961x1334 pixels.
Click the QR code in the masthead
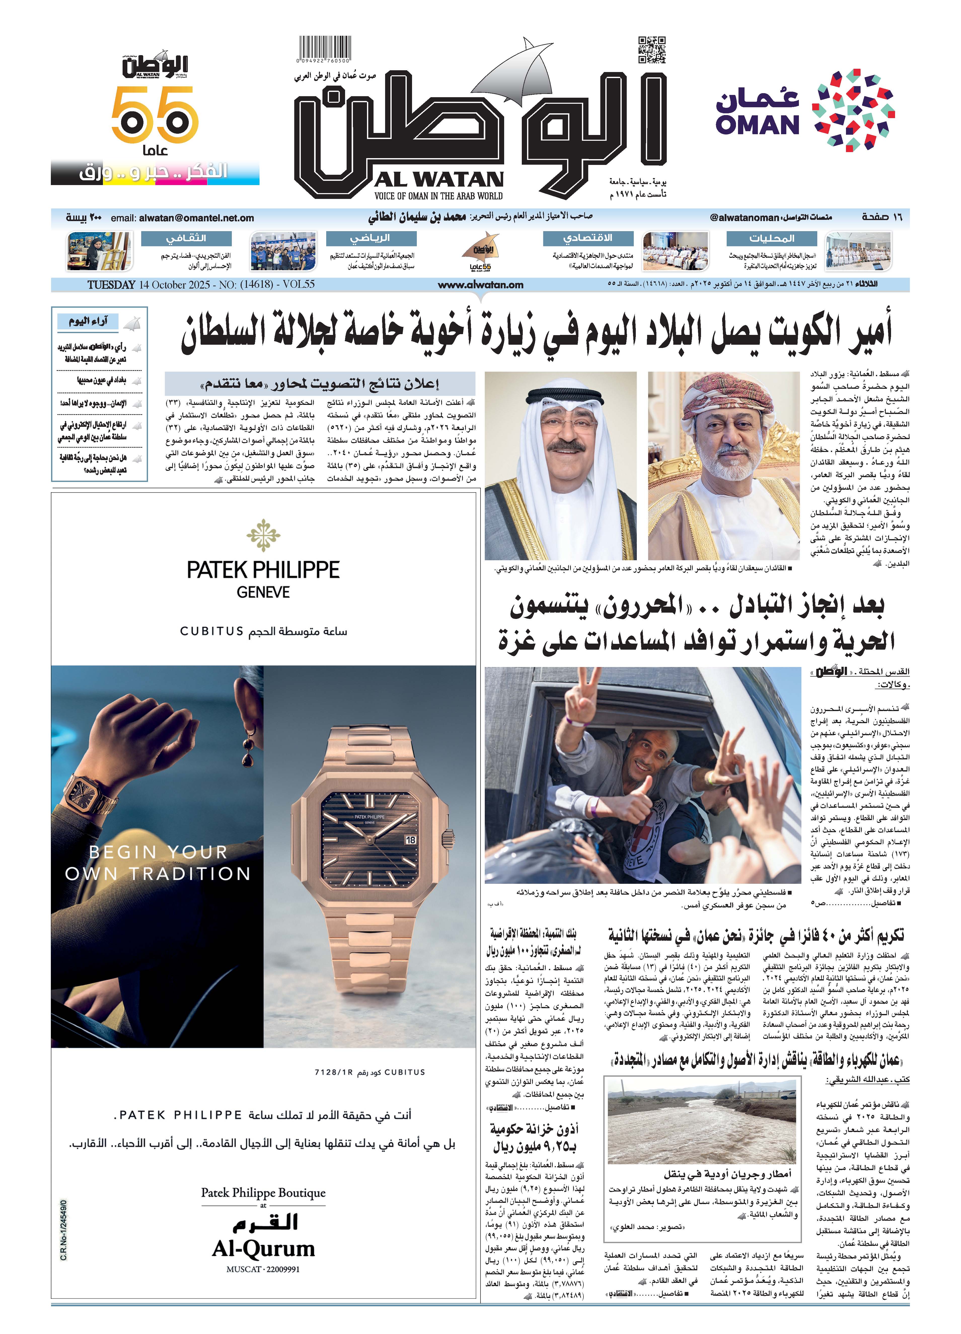(652, 49)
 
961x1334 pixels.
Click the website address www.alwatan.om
(480, 285)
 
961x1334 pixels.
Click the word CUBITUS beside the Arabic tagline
(212, 631)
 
